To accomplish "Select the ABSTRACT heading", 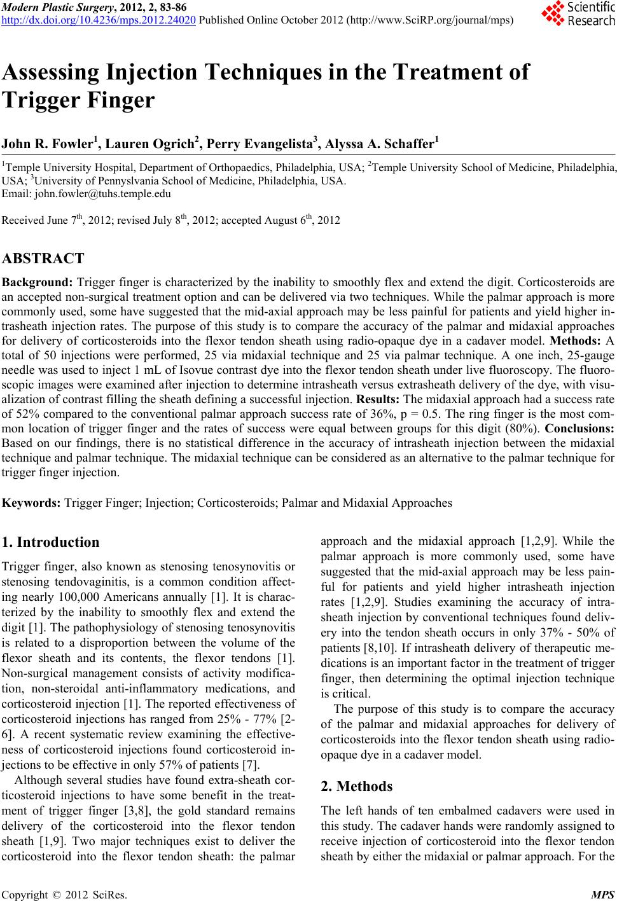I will pos(43,259).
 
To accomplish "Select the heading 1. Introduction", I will pos(51,542).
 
